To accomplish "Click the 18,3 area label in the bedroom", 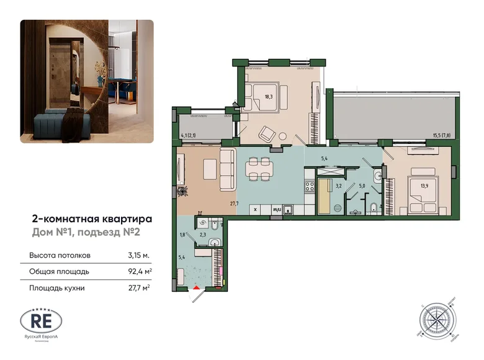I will (x=269, y=96).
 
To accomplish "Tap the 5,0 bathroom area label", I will (x=362, y=184).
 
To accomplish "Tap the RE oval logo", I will (x=41, y=321).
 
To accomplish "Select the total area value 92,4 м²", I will (x=137, y=271).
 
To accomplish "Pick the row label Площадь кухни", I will (x=56, y=287).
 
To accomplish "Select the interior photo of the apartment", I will (x=87, y=81).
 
